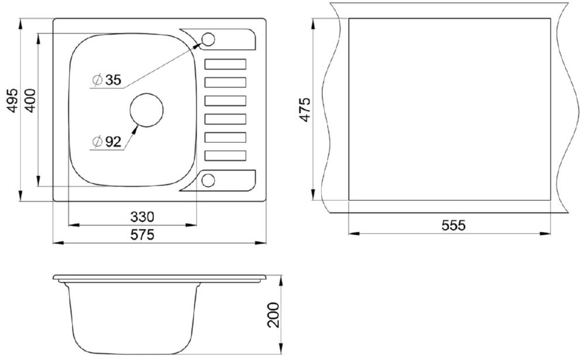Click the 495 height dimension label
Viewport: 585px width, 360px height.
[x=13, y=101]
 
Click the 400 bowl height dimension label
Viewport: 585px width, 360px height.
[x=30, y=101]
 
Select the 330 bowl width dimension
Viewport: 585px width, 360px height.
[x=142, y=217]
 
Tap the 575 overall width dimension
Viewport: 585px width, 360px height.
[x=142, y=235]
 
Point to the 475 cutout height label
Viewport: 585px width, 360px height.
[x=305, y=109]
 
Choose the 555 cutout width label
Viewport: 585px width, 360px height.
[x=454, y=225]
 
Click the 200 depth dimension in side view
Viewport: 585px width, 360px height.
[x=274, y=315]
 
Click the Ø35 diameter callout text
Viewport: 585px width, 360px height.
[x=106, y=80]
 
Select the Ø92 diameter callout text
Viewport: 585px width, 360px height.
[x=106, y=142]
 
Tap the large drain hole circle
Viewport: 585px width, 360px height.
[x=147, y=94]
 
